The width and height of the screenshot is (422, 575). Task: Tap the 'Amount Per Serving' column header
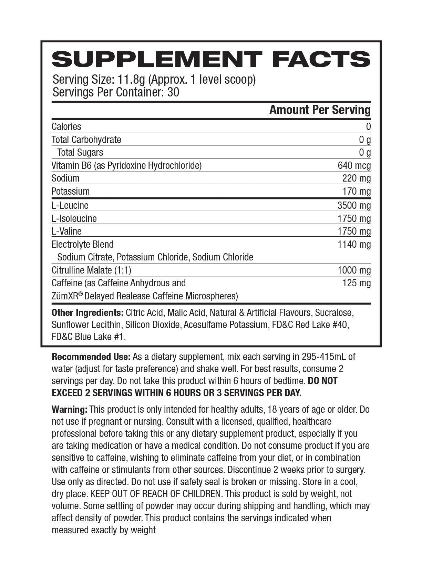click(x=320, y=110)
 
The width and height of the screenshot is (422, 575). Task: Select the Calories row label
click(x=66, y=127)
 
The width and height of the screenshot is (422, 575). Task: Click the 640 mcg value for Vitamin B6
click(x=354, y=166)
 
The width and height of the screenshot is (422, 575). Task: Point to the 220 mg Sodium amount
click(x=356, y=178)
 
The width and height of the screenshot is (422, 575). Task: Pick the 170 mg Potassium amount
click(x=356, y=192)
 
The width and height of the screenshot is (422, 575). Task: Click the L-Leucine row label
click(x=70, y=206)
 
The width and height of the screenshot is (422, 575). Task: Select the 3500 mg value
click(x=354, y=206)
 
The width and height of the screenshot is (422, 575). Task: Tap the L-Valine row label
click(x=66, y=232)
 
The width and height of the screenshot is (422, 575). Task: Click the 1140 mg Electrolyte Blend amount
click(x=354, y=245)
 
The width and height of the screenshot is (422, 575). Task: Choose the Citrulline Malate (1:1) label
click(x=91, y=270)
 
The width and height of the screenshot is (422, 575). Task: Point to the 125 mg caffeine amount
click(x=356, y=283)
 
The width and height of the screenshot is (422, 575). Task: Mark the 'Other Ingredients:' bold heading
click(x=88, y=313)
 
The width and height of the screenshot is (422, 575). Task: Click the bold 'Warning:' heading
click(x=70, y=410)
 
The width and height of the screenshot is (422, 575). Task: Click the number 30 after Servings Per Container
click(x=173, y=92)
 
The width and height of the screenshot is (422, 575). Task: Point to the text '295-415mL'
click(x=325, y=357)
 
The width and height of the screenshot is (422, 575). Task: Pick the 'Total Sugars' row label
click(x=80, y=153)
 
